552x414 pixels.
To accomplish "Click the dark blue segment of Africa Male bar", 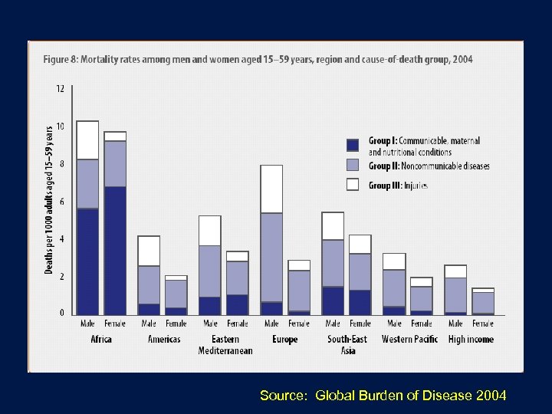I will tap(87, 261).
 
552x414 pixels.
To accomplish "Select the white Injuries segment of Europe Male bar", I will tap(271, 189).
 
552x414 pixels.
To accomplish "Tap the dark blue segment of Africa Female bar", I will tap(115, 251).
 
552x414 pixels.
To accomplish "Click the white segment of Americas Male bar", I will tap(149, 251).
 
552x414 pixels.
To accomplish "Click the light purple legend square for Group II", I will tap(353, 165).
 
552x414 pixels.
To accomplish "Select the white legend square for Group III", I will tap(353, 184).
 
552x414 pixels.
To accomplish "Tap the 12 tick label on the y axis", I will tap(60, 89).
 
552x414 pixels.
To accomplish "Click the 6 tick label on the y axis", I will tap(61, 202).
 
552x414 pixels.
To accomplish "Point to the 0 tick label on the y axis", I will tap(61, 314).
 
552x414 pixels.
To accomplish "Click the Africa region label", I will tap(100, 340).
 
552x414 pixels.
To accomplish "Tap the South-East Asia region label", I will tap(347, 345).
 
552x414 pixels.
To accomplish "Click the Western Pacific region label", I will tap(409, 340).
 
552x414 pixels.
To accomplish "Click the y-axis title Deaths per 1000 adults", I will tap(49, 200).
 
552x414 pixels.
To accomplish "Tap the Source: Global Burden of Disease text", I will tap(383, 396).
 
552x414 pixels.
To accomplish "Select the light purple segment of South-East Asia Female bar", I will tap(360, 271).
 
